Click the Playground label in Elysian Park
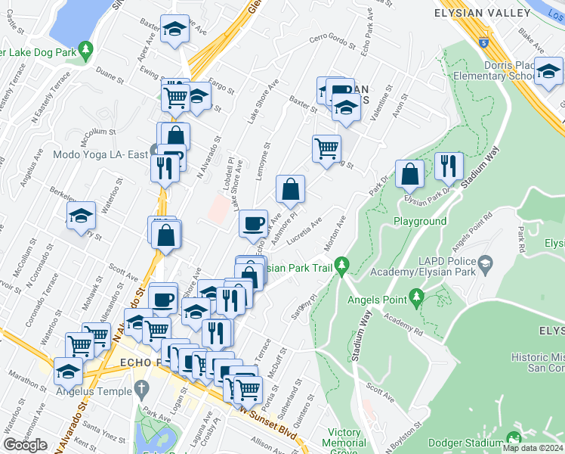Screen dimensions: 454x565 420,221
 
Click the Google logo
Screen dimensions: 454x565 25,445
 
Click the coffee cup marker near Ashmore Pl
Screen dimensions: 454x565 253,223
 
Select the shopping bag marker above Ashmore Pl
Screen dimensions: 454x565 290,189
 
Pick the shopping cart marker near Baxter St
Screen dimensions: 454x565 326,148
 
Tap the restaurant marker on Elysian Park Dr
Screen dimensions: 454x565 449,166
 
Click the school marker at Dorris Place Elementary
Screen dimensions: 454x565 548,70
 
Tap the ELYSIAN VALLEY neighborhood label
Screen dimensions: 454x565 483,13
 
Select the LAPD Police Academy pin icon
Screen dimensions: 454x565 485,265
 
